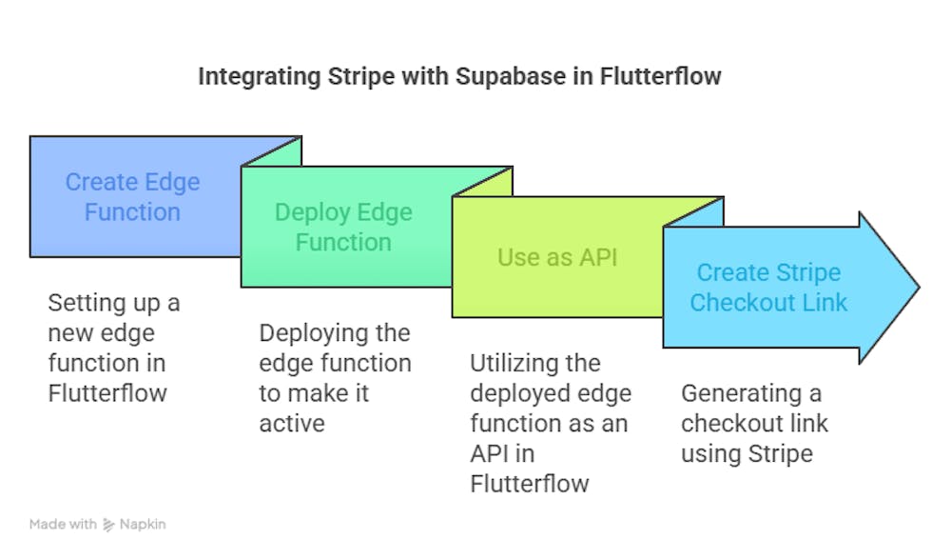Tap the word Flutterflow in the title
point(661,76)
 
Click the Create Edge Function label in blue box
point(132,197)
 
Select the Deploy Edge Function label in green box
point(343,228)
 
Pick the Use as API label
point(557,257)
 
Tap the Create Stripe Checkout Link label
point(768,288)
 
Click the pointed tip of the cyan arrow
point(917,287)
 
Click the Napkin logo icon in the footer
point(108,525)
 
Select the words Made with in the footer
point(63,525)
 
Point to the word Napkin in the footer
point(143,525)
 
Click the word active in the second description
point(291,423)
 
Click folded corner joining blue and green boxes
point(272,151)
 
